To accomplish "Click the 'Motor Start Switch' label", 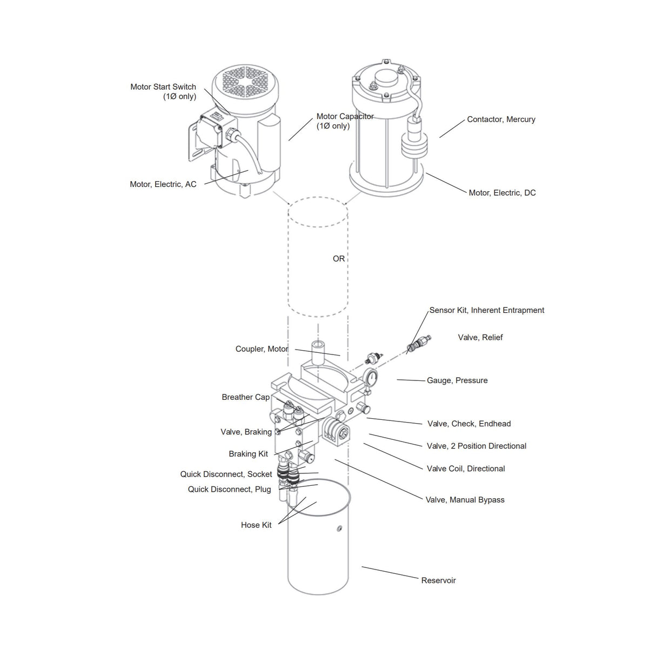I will point(163,87).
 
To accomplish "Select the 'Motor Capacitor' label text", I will point(345,117).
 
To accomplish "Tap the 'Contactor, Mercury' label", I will point(501,119).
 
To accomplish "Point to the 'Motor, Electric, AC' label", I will point(163,184).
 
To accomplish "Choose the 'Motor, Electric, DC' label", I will point(502,193).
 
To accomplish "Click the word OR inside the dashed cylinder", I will point(339,259).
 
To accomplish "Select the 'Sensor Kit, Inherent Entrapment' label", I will point(486,310).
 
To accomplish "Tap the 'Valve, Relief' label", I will point(480,337).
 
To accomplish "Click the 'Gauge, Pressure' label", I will point(457,380).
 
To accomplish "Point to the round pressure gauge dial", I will point(371,378).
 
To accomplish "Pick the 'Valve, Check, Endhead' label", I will point(468,424).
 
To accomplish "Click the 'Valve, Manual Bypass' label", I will point(465,500).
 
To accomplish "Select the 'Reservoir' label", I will point(438,580).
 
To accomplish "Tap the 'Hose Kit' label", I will point(256,525).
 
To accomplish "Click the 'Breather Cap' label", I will point(245,397).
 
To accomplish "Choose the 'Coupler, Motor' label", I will point(262,349).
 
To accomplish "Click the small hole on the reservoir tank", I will point(339,528).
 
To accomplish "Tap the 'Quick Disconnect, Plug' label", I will point(229,490).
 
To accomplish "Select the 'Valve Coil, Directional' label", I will point(466,468).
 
